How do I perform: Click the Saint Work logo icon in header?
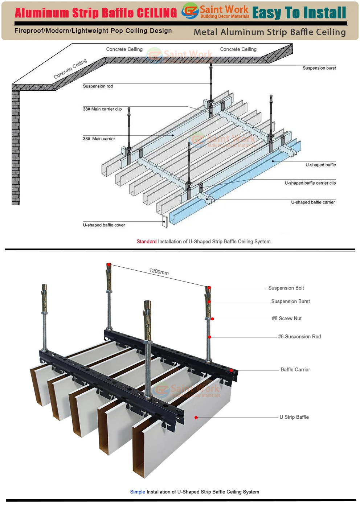190,11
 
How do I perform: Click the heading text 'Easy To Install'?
299,13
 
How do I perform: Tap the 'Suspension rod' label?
98,86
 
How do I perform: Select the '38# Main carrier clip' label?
102,109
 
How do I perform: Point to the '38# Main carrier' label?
99,139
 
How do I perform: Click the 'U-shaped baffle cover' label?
104,225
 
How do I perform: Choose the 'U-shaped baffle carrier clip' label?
310,183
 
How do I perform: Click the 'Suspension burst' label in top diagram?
319,68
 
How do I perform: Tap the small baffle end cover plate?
164,221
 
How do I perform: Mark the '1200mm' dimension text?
159,271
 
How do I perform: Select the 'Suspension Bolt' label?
286,288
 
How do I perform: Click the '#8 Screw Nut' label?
287,319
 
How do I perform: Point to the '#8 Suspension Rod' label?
299,337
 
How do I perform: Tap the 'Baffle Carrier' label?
295,370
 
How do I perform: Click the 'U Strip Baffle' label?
294,417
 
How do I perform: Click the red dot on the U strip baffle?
196,418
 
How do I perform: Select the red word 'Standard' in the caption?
147,242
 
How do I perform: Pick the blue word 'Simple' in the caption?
138,492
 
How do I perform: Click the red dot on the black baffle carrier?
231,370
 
